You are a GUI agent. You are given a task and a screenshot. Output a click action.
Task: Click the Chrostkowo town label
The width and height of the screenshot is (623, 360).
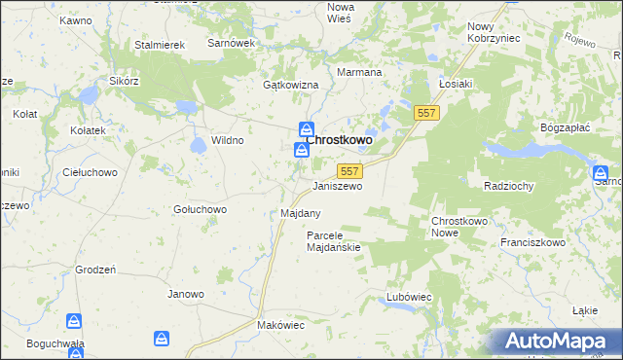coord(339,140)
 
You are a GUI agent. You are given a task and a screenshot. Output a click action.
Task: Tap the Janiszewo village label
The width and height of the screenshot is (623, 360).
coord(337,185)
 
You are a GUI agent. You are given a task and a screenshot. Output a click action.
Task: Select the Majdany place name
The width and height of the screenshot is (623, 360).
coord(300,212)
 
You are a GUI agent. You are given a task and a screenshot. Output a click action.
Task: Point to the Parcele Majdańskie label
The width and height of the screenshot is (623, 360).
coord(334,241)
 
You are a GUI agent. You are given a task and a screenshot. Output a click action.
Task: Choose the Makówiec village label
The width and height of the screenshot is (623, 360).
coord(280,325)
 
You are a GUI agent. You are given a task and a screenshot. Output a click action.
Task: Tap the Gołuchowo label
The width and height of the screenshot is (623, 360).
coord(200,209)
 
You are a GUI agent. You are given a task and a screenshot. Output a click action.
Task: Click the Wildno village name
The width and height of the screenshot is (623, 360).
coord(228,140)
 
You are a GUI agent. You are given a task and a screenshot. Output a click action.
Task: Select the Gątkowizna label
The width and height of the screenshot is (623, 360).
coord(291,86)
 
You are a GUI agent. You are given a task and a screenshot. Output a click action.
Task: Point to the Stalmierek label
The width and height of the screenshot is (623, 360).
coord(160,45)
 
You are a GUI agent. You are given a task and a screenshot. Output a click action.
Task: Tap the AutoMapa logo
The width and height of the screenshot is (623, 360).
coord(555,342)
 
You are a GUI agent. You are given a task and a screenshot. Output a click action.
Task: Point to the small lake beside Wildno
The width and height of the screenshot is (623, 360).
coord(199,145)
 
